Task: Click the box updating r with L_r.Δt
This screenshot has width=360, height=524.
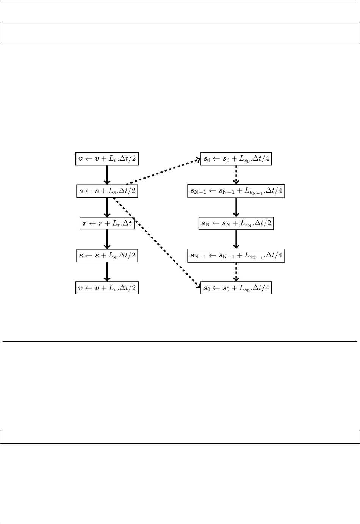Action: tap(107, 224)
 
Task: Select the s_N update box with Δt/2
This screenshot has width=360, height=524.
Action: tap(236, 224)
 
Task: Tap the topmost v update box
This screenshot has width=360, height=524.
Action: tap(107, 159)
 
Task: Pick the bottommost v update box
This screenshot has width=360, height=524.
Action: tap(107, 288)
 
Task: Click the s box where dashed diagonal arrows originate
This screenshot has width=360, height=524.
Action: tap(107, 191)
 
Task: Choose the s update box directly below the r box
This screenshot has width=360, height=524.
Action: tap(107, 256)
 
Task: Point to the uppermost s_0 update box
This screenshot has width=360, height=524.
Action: tap(236, 159)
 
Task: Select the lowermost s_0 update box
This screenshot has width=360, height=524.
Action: tap(236, 288)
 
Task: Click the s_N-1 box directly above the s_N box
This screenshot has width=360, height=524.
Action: tap(236, 191)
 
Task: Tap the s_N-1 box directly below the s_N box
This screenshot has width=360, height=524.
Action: tap(236, 256)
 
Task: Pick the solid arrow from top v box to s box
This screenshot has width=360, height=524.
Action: tap(107, 175)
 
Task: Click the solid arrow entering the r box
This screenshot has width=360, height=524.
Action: tap(107, 207)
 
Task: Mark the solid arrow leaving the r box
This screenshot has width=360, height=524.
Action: tap(107, 240)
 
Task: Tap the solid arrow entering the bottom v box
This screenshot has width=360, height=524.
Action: tap(107, 272)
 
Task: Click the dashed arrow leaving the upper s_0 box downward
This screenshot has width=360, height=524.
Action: tap(236, 175)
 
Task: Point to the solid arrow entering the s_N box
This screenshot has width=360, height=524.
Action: tap(236, 207)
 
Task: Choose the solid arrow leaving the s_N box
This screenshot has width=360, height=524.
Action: tap(236, 240)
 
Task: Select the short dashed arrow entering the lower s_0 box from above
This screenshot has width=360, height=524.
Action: tap(236, 272)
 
